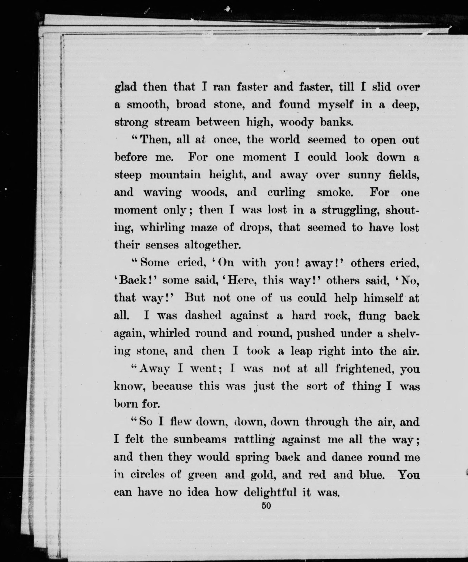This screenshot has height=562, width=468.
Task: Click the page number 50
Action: [266, 506]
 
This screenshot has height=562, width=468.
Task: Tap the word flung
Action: [372, 316]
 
